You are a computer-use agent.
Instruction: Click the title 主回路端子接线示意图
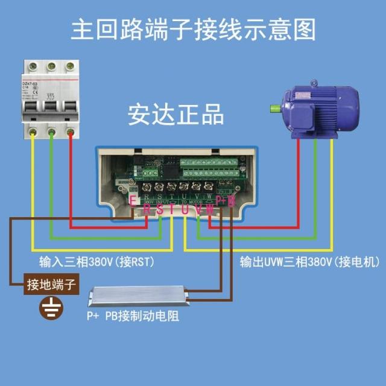(x=193, y=29)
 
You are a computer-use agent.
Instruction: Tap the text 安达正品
(x=176, y=114)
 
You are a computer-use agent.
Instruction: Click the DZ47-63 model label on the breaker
(x=30, y=84)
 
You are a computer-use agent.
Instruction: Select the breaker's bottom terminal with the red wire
(x=71, y=131)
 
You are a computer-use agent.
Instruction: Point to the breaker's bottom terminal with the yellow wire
(x=33, y=131)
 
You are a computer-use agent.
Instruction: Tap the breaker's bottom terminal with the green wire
(x=52, y=131)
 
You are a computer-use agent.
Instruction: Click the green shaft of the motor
(x=275, y=109)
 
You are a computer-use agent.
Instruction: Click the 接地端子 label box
(x=51, y=285)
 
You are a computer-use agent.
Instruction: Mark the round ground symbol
(x=51, y=308)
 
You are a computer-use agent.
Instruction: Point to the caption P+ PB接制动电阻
(x=132, y=316)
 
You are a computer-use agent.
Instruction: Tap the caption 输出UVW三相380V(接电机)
(x=309, y=262)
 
